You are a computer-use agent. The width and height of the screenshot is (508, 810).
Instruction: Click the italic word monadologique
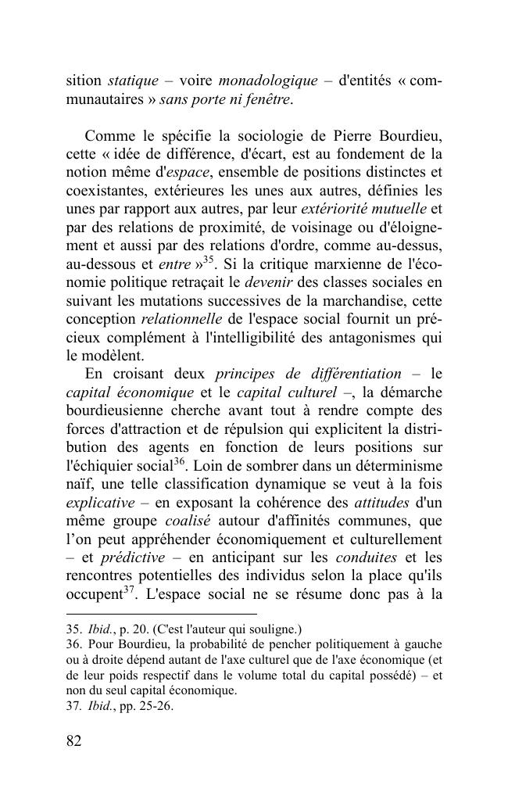[x=268, y=81]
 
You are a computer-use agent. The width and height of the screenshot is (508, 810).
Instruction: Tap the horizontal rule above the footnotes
[x=162, y=615]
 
